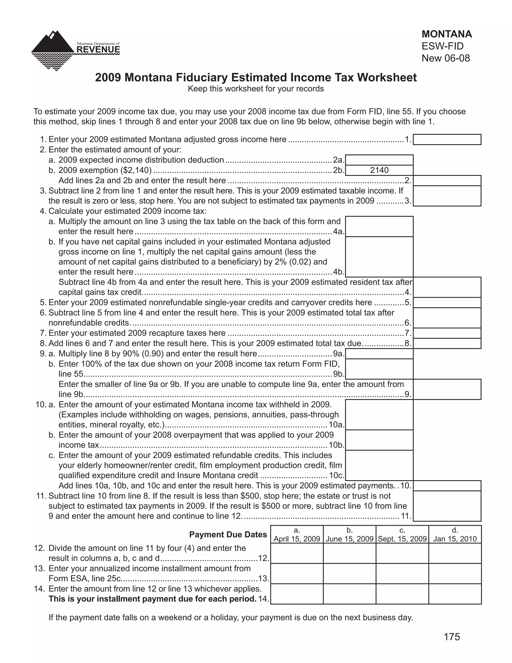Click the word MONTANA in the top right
tap(446, 34)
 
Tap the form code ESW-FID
tap(442, 46)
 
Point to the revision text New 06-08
tap(445, 58)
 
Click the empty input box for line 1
tap(447, 140)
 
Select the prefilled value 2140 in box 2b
tap(379, 170)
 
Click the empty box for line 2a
tap(379, 160)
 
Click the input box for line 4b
tap(379, 257)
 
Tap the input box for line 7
tap(447, 333)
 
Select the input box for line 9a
tap(379, 354)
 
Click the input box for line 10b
tap(379, 440)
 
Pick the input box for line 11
tap(447, 506)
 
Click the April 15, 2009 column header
tap(297, 535)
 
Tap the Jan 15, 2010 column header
tap(455, 535)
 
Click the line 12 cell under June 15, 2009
tap(349, 553)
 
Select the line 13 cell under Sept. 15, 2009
tap(402, 574)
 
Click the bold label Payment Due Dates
tap(228, 535)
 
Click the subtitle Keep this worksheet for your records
tap(256, 89)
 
